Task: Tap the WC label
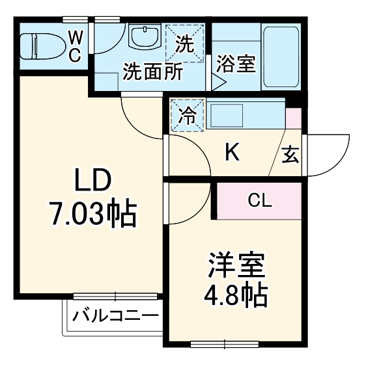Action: [74, 46]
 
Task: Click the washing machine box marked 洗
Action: [185, 44]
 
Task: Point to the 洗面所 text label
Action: [153, 71]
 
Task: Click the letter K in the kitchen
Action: [232, 153]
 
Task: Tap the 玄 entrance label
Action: [290, 156]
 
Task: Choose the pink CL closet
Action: [259, 200]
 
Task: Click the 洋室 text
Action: [236, 267]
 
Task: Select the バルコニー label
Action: [115, 317]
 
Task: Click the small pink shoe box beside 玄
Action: [294, 119]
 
